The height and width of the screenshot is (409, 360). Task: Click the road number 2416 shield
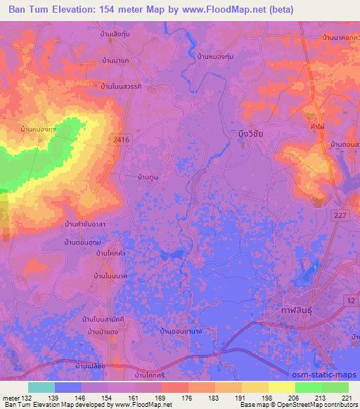point(121,141)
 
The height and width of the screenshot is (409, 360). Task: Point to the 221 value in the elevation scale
point(347,398)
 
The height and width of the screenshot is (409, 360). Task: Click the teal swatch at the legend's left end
point(41,387)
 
